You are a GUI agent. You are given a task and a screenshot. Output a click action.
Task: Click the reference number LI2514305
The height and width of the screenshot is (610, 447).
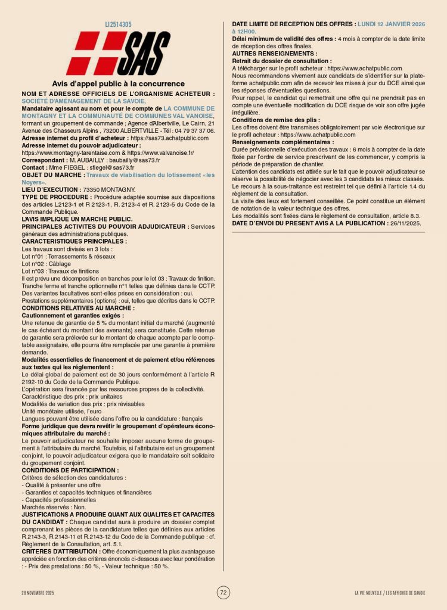tap(118, 24)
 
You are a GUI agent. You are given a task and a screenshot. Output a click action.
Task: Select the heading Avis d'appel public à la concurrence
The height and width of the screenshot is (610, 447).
tap(118, 84)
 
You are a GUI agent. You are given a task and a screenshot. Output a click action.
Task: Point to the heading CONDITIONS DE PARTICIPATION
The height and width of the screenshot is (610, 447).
tap(70, 470)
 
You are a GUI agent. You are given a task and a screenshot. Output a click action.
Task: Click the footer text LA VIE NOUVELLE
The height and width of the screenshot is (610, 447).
tap(369, 593)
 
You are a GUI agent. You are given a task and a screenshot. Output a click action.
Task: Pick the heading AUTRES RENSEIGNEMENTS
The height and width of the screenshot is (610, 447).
tap(274, 54)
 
